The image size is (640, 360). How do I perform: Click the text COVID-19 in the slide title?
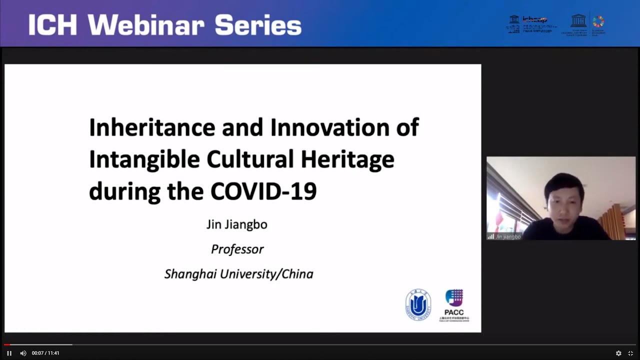click(x=263, y=191)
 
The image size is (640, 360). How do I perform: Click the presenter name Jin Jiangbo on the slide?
click(x=237, y=224)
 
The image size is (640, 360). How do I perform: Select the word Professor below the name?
click(x=237, y=249)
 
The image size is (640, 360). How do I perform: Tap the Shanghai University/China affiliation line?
click(x=238, y=274)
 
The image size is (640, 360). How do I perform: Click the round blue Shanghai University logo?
click(x=418, y=304)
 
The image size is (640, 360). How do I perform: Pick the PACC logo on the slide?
click(x=454, y=304)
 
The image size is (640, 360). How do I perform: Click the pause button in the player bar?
click(x=9, y=353)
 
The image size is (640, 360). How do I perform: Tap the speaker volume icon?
click(x=23, y=353)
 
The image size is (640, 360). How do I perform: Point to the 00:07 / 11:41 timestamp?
click(x=45, y=353)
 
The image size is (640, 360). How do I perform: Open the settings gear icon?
click(x=618, y=353)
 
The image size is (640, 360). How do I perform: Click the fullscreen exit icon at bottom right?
click(x=630, y=353)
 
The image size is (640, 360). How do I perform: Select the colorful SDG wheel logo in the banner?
click(x=598, y=21)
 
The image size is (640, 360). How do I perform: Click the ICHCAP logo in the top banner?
click(x=531, y=23)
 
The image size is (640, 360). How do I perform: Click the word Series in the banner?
click(x=258, y=25)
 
